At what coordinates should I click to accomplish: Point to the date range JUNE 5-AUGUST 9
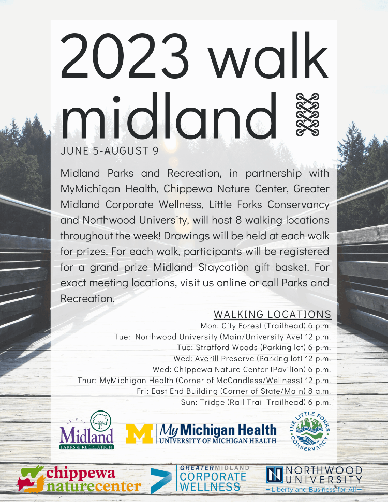point(109,151)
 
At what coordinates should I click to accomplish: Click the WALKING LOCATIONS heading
point(272,314)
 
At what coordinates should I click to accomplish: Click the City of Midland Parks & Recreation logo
point(86,431)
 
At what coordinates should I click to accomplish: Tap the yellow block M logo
point(139,434)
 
